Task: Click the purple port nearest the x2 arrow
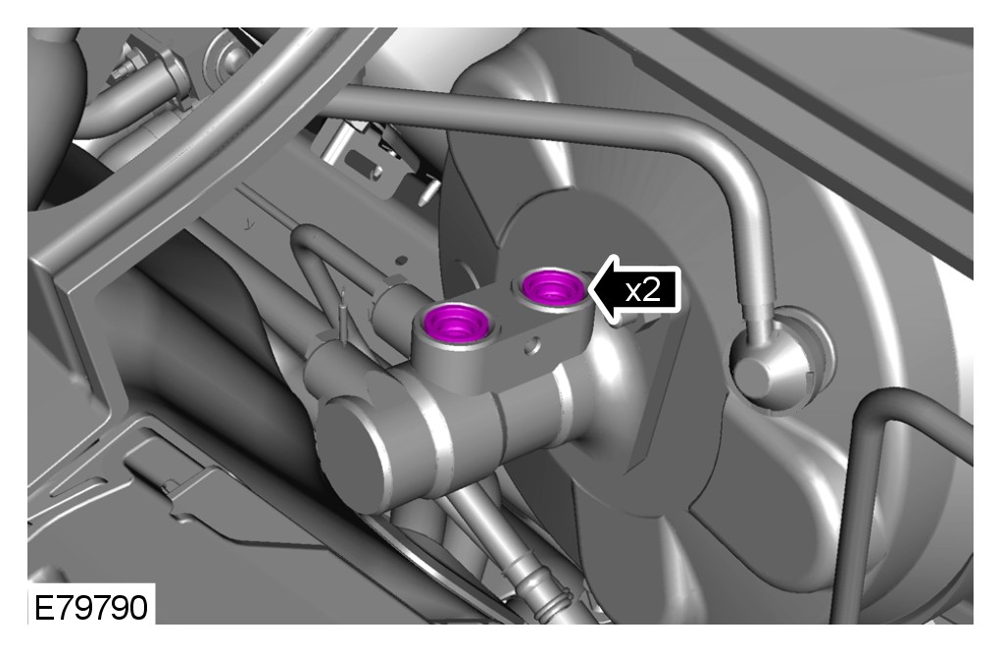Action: coord(553,287)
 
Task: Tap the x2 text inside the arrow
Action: coord(642,291)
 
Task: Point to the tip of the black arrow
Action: coord(588,290)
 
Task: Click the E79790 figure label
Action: coord(90,607)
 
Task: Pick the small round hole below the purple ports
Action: coord(531,346)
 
